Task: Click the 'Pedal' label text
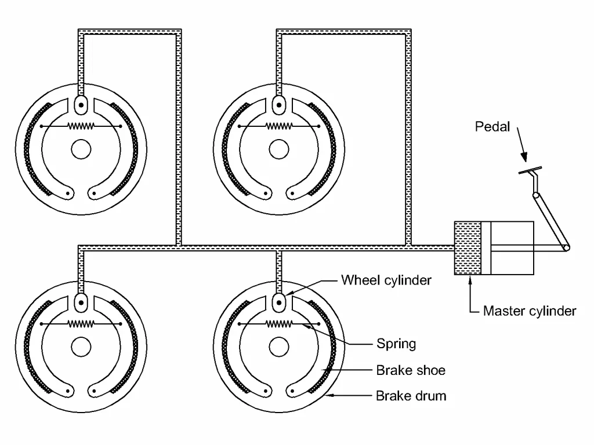tap(492, 126)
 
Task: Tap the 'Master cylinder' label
tap(529, 311)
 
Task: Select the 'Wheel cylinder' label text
tap(386, 280)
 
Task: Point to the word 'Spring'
tap(396, 344)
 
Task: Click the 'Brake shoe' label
tap(411, 370)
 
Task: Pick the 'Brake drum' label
tap(411, 396)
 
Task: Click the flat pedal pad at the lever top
tap(530, 170)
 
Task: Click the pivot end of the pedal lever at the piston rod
tap(566, 247)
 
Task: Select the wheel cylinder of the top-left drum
tap(81, 105)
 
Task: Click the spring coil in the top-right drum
tap(279, 126)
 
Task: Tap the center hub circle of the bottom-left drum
tap(81, 347)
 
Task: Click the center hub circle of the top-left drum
tap(81, 149)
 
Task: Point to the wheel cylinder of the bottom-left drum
tap(81, 302)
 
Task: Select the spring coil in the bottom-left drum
tap(81, 324)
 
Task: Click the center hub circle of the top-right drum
tap(279, 149)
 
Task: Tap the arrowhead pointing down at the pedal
tap(524, 157)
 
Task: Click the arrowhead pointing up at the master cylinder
tap(470, 280)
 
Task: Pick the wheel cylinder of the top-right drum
tap(279, 105)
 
